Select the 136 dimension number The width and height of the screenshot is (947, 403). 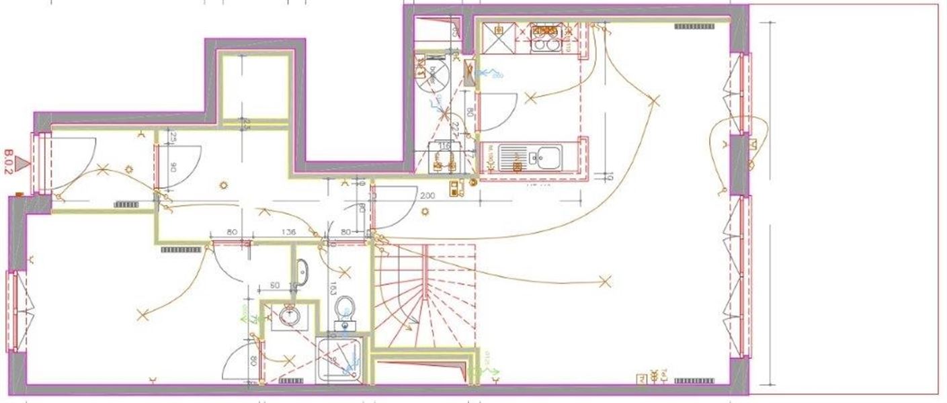pos(290,233)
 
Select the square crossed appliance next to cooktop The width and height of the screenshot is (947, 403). pos(499,38)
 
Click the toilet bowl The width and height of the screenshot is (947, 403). pos(345,309)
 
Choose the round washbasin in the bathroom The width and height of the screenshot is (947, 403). pos(290,315)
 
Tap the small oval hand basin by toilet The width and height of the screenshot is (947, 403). pos(302,271)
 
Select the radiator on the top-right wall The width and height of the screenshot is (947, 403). pos(695,27)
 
